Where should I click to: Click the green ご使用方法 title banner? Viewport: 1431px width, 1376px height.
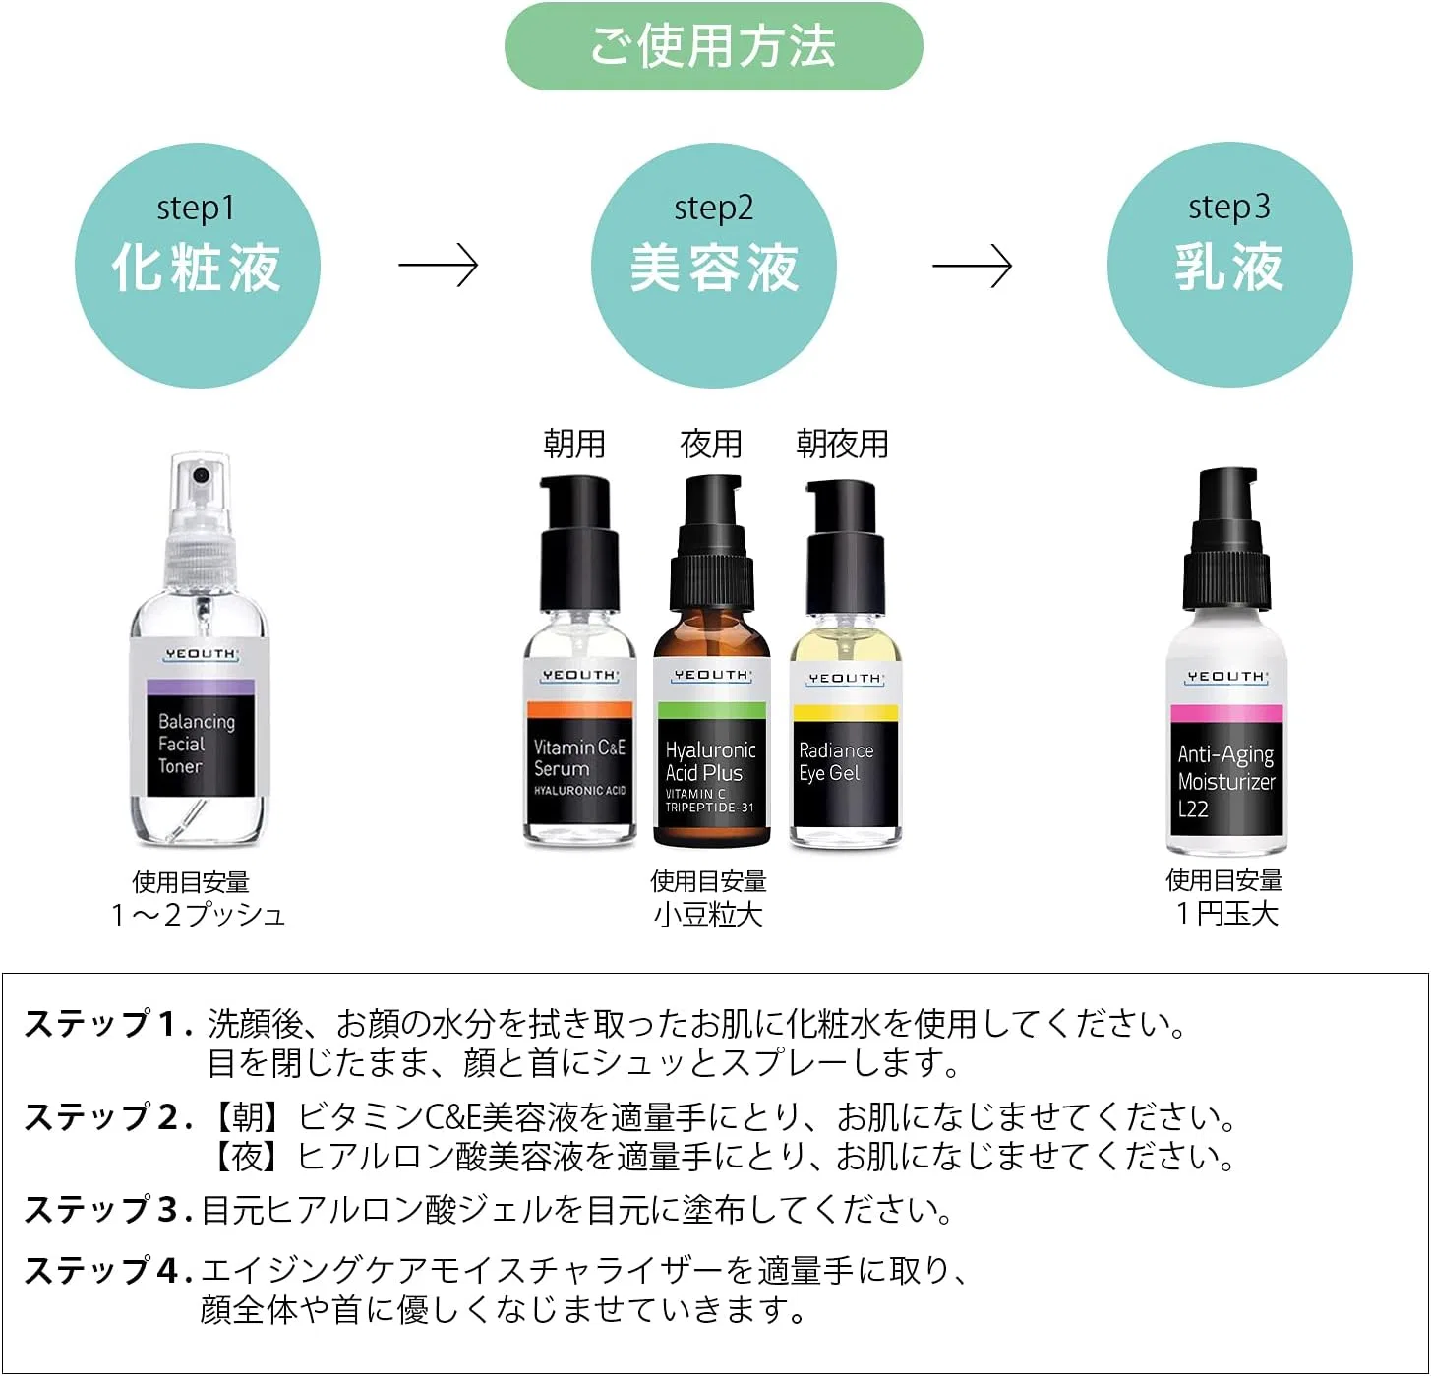pos(713,46)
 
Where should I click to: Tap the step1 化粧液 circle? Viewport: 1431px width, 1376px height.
pos(197,265)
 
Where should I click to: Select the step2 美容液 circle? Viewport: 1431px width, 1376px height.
pos(714,265)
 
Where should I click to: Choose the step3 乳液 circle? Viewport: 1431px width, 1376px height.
pos(1229,265)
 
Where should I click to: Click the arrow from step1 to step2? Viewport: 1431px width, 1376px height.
pos(439,265)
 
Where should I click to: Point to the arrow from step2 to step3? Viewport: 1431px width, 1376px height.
pos(972,265)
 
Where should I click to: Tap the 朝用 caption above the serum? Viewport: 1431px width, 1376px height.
pos(574,445)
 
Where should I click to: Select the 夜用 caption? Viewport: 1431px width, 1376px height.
pos(710,445)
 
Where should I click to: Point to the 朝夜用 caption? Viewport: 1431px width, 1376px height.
pos(843,445)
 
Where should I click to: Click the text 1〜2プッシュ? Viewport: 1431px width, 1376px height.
pos(198,915)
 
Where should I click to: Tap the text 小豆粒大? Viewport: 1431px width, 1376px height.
pos(708,915)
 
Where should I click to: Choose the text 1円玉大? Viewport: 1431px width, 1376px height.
pos(1226,914)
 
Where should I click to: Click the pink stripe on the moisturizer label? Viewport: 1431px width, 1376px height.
pos(1226,713)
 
